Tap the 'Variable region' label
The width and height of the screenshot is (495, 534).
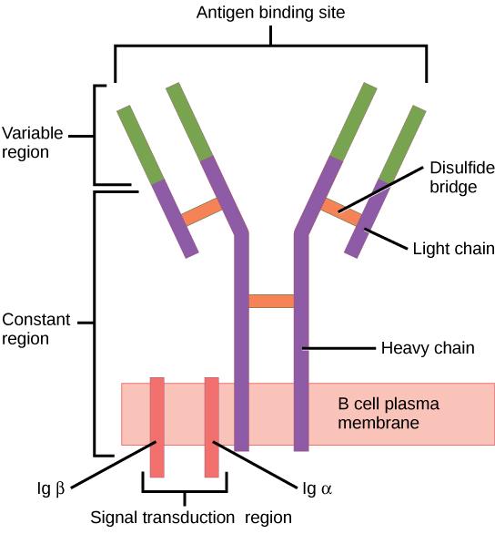(x=32, y=143)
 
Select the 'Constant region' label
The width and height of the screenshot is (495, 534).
(x=32, y=329)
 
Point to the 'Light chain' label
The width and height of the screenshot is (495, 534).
(x=453, y=248)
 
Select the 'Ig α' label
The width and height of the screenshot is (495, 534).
(x=317, y=488)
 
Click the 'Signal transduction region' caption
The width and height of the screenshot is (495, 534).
(x=191, y=518)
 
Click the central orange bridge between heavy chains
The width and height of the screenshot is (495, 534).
(x=271, y=301)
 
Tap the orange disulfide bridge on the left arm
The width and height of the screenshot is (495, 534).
(x=202, y=212)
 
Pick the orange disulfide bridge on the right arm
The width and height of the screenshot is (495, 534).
(x=341, y=212)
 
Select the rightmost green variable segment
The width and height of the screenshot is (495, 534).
(x=402, y=145)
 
